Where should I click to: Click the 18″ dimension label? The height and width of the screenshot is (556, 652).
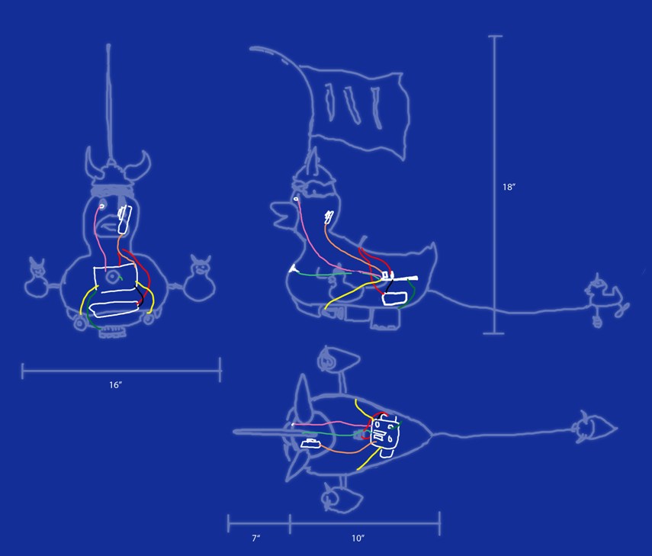point(509,187)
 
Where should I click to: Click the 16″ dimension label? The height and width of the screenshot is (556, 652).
point(115,385)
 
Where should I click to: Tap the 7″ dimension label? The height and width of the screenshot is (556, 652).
point(255,538)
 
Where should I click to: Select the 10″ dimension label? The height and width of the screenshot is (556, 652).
point(358,538)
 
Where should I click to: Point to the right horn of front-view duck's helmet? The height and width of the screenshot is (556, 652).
point(140,166)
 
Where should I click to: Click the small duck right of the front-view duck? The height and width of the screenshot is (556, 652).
point(200,278)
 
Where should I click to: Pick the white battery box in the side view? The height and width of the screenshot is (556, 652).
point(394,298)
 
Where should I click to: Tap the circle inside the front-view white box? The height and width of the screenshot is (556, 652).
point(111,277)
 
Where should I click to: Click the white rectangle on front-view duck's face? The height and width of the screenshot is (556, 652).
point(124,219)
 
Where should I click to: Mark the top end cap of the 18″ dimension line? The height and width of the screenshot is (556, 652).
point(495,37)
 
